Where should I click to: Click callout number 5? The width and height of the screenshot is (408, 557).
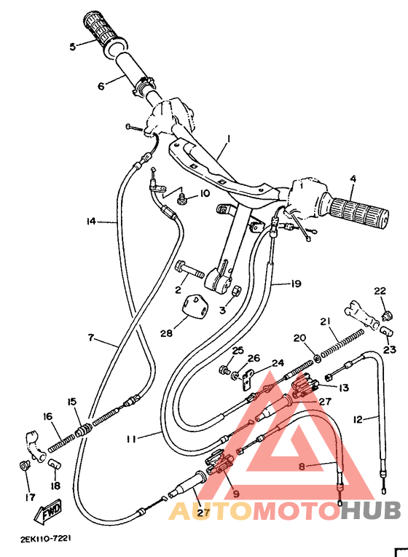click(73, 46)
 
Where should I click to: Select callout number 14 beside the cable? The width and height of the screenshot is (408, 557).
click(91, 221)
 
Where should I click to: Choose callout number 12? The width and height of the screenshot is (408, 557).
click(358, 419)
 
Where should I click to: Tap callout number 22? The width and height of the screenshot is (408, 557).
click(380, 292)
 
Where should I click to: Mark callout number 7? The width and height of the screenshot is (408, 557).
click(91, 338)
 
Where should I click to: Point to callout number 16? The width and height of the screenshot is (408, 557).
click(47, 417)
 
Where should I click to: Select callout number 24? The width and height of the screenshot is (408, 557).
click(277, 363)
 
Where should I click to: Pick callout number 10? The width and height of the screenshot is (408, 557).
click(204, 193)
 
